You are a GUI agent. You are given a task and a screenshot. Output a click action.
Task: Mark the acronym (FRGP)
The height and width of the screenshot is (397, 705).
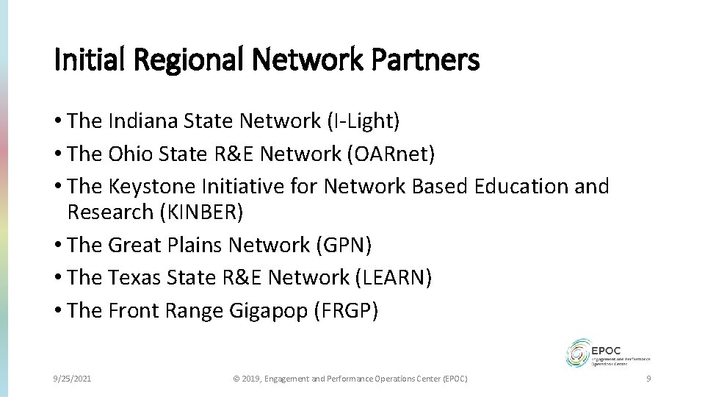coord(346,310)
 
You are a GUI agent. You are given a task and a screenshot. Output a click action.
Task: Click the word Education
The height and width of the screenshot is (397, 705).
coord(521,186)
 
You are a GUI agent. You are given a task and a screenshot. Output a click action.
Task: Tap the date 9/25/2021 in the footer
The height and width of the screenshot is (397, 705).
coord(73,378)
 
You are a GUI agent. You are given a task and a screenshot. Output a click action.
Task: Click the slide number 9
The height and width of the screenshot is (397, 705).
coord(648,378)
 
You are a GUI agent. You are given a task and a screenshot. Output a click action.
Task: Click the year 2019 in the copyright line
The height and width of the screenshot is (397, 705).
coord(251,378)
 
